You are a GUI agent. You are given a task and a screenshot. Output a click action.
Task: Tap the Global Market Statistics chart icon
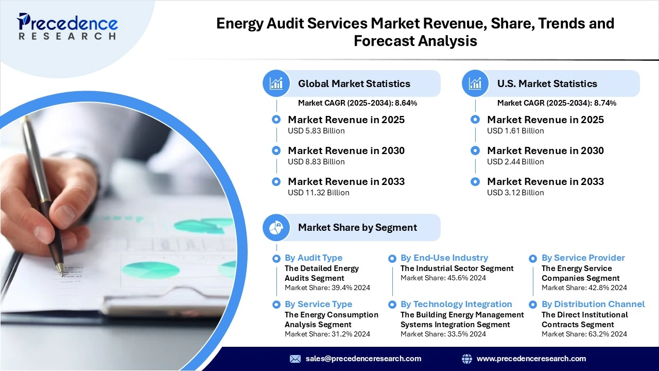pyautogui.click(x=276, y=83)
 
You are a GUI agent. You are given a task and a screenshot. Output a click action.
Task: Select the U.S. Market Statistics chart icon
pyautogui.click(x=475, y=83)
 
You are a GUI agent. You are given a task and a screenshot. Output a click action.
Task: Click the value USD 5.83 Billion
pyautogui.click(x=316, y=131)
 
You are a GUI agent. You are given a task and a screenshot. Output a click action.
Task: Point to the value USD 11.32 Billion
pyautogui.click(x=318, y=193)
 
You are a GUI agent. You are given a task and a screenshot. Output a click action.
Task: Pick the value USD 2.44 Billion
pyautogui.click(x=515, y=162)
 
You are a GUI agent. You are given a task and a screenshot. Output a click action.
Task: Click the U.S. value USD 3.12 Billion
pyautogui.click(x=515, y=193)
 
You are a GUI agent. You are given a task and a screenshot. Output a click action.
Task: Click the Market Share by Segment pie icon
pyautogui.click(x=276, y=228)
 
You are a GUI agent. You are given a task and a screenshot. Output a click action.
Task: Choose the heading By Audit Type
pyautogui.click(x=313, y=258)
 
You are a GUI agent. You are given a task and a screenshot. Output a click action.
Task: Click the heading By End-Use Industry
pyautogui.click(x=444, y=258)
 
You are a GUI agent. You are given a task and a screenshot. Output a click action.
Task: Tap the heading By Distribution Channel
pyautogui.click(x=593, y=304)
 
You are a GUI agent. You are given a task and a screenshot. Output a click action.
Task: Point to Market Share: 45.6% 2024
pyautogui.click(x=443, y=278)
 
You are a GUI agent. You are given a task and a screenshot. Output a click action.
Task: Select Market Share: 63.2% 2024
pyautogui.click(x=584, y=334)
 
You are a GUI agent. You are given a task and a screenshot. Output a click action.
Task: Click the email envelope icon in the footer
pyautogui.click(x=295, y=359)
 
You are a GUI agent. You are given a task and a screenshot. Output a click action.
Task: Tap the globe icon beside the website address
pyautogui.click(x=467, y=359)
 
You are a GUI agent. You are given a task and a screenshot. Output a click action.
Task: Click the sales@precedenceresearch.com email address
pyautogui.click(x=363, y=359)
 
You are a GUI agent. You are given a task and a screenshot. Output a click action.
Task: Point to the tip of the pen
pyautogui.click(x=61, y=273)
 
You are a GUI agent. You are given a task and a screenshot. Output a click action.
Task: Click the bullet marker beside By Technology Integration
pyautogui.click(x=392, y=305)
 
